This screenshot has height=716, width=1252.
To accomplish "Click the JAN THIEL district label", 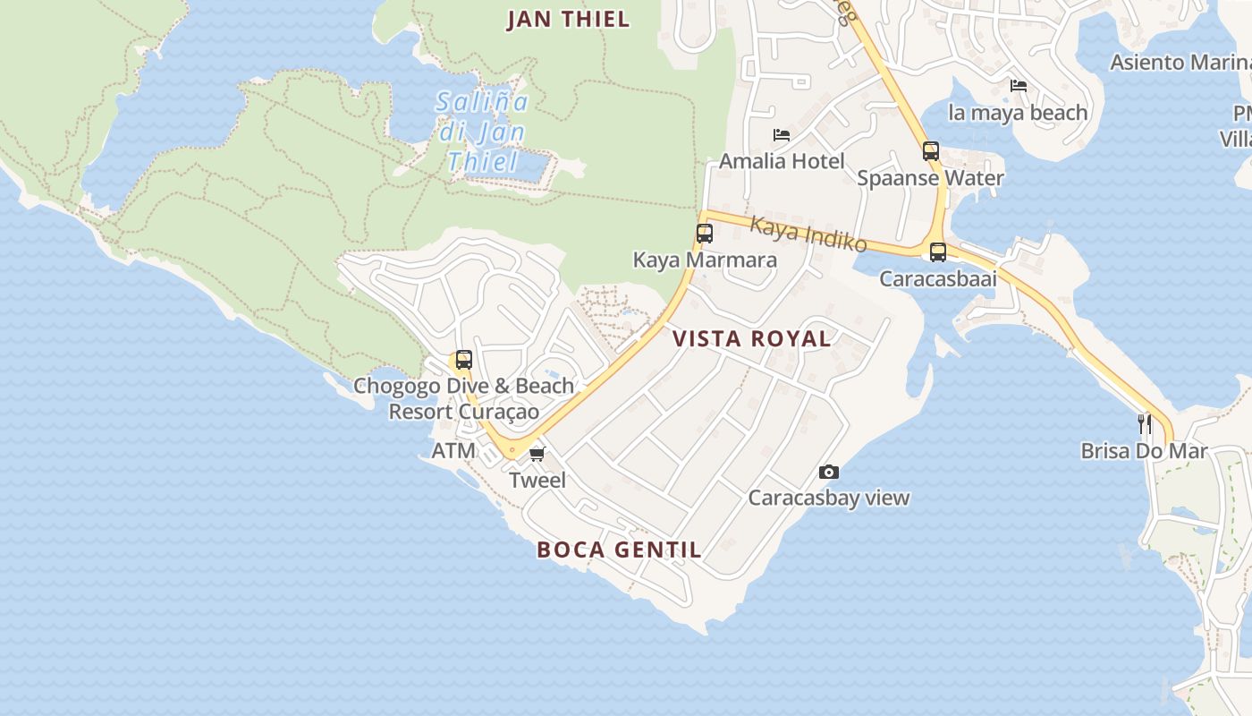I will pyautogui.click(x=568, y=19).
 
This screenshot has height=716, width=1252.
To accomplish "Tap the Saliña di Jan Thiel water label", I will pyautogui.click(x=483, y=132).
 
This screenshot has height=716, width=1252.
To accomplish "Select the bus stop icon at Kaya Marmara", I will pyautogui.click(x=705, y=234).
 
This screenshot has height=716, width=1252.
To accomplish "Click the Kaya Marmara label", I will pyautogui.click(x=705, y=260).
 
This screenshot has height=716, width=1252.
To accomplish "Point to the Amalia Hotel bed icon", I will pyautogui.click(x=782, y=135).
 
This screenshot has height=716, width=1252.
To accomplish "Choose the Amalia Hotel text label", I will pyautogui.click(x=782, y=161).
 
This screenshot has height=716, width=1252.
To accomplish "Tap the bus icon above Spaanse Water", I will pyautogui.click(x=931, y=151).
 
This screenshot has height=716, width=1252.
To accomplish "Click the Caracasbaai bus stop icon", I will pyautogui.click(x=937, y=252).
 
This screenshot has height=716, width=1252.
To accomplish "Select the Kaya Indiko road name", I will pyautogui.click(x=808, y=234).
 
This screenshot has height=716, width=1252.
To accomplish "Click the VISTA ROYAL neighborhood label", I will pyautogui.click(x=751, y=338).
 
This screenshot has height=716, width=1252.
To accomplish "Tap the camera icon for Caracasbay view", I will pyautogui.click(x=829, y=472).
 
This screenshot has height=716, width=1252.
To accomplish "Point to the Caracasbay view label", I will pyautogui.click(x=829, y=498).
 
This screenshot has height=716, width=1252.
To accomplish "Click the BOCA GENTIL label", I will pyautogui.click(x=619, y=550).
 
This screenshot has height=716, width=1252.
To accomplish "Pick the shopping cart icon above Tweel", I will pyautogui.click(x=537, y=455).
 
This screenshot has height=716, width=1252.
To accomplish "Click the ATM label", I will pyautogui.click(x=453, y=450).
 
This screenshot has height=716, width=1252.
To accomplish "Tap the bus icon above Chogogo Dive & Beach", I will pyautogui.click(x=463, y=360).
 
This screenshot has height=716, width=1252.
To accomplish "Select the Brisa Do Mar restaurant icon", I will pyautogui.click(x=1144, y=423).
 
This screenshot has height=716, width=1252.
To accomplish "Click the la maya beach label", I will pyautogui.click(x=1018, y=112).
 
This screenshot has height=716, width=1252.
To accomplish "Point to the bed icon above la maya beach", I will pyautogui.click(x=1018, y=86).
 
